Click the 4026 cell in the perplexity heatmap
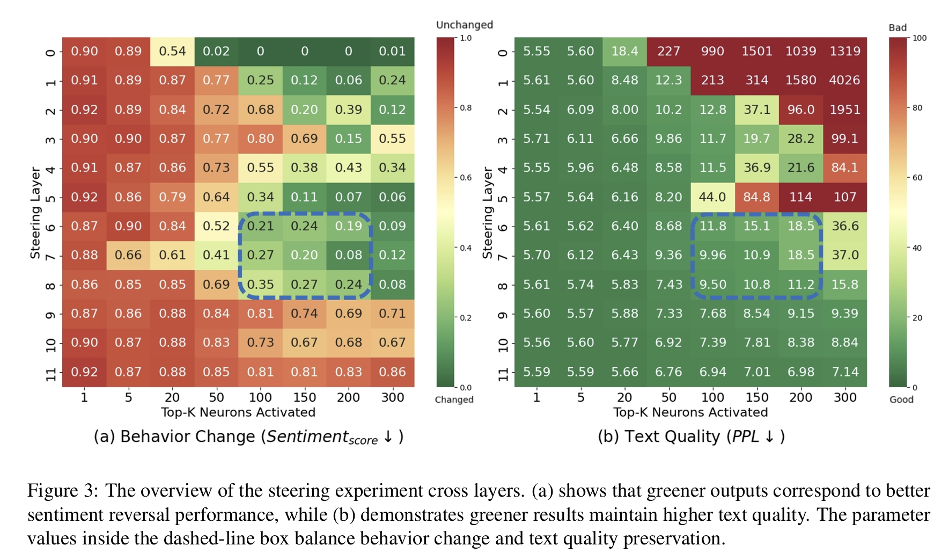pyautogui.click(x=844, y=81)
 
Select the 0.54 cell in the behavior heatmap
pyautogui.click(x=172, y=52)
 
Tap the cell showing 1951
pyautogui.click(x=844, y=110)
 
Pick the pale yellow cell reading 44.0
pyautogui.click(x=712, y=197)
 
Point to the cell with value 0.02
pyautogui.click(x=216, y=52)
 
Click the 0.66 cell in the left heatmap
pyautogui.click(x=128, y=255)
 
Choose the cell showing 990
pyautogui.click(x=712, y=52)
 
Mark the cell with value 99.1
pyautogui.click(x=844, y=139)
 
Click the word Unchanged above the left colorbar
pyautogui.click(x=464, y=25)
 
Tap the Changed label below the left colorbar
pyautogui.click(x=454, y=399)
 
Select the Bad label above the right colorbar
pyautogui.click(x=898, y=27)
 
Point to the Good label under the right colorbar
pyautogui.click(x=901, y=399)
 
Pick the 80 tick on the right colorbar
pyautogui.click(x=917, y=108)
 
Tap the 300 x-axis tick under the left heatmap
pyautogui.click(x=392, y=397)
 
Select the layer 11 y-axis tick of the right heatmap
pyautogui.click(x=503, y=372)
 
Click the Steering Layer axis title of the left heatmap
pyautogui.click(x=35, y=213)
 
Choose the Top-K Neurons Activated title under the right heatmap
pyautogui.click(x=690, y=412)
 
